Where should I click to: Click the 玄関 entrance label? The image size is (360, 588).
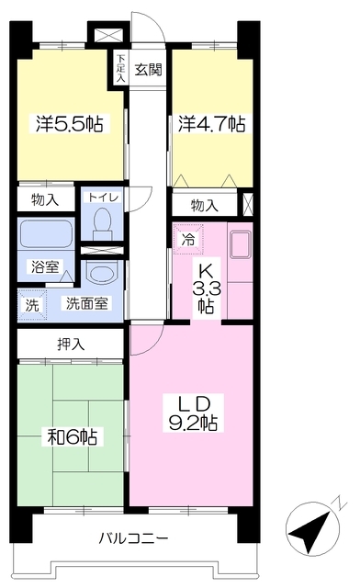[149, 70]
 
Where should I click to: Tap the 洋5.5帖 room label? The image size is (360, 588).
[70, 124]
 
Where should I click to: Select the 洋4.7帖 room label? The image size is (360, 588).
[212, 124]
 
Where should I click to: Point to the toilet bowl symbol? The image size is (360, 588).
[102, 224]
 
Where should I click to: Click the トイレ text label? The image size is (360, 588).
[103, 198]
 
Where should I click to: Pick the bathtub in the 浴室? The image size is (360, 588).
[45, 234]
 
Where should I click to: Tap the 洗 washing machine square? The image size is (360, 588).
[32, 305]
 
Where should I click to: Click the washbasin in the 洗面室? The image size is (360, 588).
[102, 273]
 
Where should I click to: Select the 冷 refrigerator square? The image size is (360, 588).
[188, 239]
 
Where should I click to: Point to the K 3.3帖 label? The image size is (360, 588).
[207, 288]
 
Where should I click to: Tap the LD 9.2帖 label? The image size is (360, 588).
[194, 413]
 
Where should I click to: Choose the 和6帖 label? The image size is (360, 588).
[73, 436]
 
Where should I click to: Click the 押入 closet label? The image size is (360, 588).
[71, 344]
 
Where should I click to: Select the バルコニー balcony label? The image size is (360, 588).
[133, 539]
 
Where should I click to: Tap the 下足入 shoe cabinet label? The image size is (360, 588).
[120, 68]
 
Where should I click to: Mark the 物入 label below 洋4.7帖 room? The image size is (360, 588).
[205, 205]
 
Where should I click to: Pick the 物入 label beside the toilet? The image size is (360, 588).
[45, 199]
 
